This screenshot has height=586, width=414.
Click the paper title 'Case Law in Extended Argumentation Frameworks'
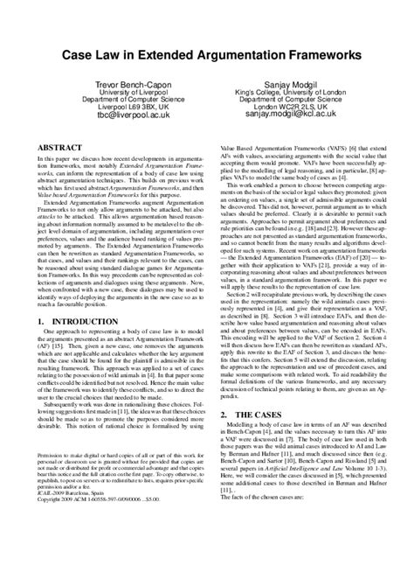[x=207, y=55]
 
